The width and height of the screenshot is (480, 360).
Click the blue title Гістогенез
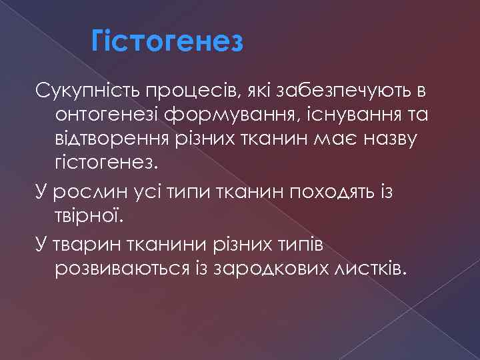coord(168,43)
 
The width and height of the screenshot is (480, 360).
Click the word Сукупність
coord(81,89)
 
